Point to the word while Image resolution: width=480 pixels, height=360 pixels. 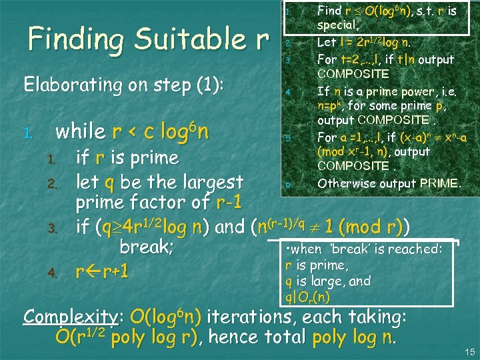[x=81, y=131]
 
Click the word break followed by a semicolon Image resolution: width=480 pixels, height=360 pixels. [x=146, y=247]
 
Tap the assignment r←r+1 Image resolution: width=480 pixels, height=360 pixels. [x=102, y=272]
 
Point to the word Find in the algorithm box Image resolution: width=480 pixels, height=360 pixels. [x=329, y=11]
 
